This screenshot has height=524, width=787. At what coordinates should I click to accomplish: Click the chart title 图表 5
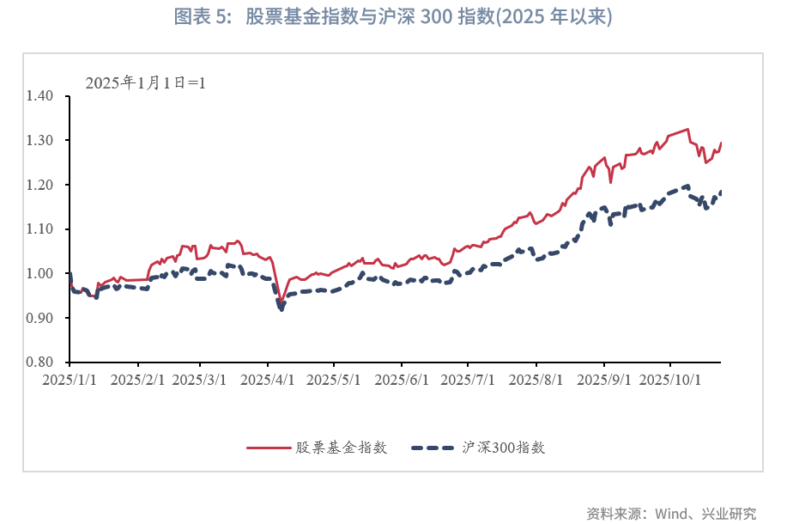click(x=393, y=18)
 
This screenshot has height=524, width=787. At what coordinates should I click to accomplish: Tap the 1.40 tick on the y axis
click(x=41, y=96)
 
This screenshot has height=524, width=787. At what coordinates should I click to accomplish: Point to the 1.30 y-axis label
click(x=41, y=140)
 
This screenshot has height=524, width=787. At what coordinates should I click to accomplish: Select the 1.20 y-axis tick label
click(x=41, y=185)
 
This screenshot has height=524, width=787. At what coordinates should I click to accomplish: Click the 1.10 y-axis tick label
click(x=41, y=229)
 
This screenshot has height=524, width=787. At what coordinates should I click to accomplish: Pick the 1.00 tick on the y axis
click(x=41, y=274)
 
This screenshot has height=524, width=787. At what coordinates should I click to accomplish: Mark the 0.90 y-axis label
click(x=41, y=318)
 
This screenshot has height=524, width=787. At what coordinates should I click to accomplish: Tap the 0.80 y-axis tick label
click(x=41, y=363)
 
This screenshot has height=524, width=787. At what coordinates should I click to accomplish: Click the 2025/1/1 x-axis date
click(x=70, y=378)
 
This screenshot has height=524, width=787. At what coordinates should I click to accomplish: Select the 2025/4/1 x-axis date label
click(x=268, y=378)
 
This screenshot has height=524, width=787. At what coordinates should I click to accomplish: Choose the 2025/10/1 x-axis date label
click(x=673, y=378)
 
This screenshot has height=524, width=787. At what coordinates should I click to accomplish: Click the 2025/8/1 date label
click(x=536, y=378)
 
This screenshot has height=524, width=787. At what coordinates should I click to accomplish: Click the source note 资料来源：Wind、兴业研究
click(x=671, y=514)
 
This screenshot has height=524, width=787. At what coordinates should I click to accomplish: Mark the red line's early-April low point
click(x=281, y=301)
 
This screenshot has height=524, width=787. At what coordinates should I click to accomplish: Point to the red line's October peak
click(x=687, y=129)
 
